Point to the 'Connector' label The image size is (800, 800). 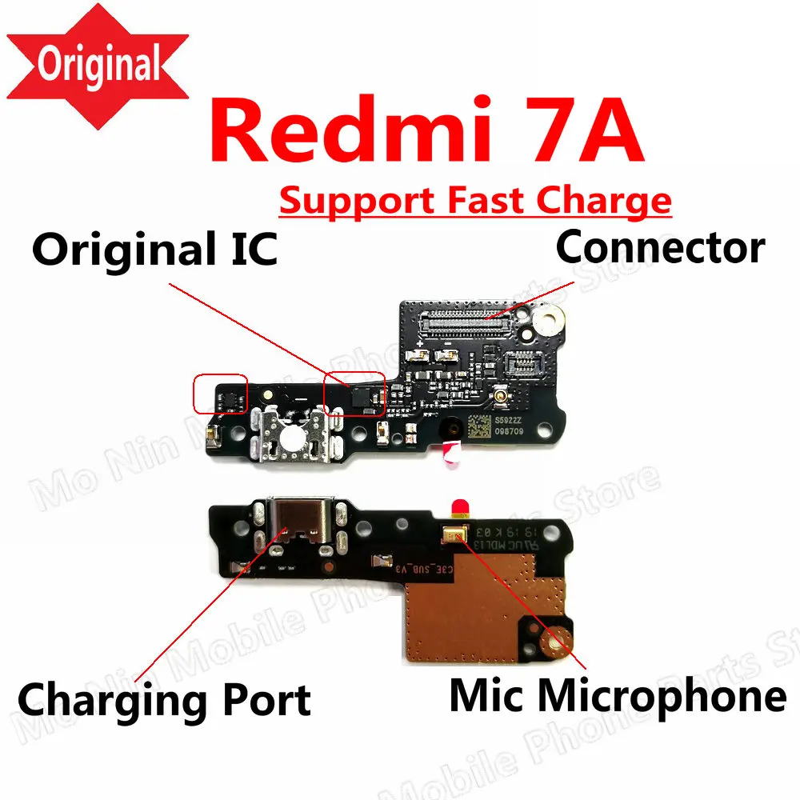pyautogui.click(x=660, y=248)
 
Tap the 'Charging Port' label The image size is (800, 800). pyautogui.click(x=164, y=700)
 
